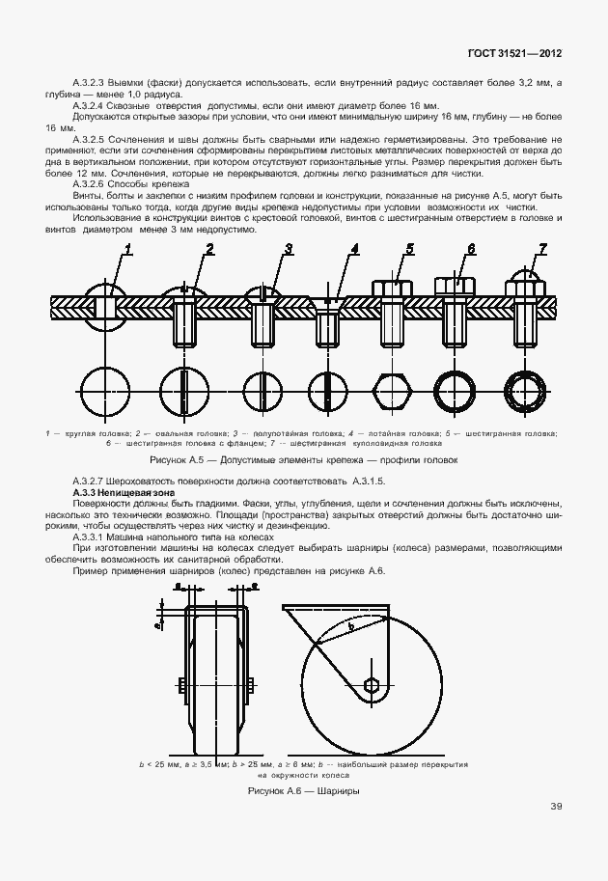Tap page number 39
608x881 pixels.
[557, 806]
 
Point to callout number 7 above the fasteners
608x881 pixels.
[542, 249]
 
